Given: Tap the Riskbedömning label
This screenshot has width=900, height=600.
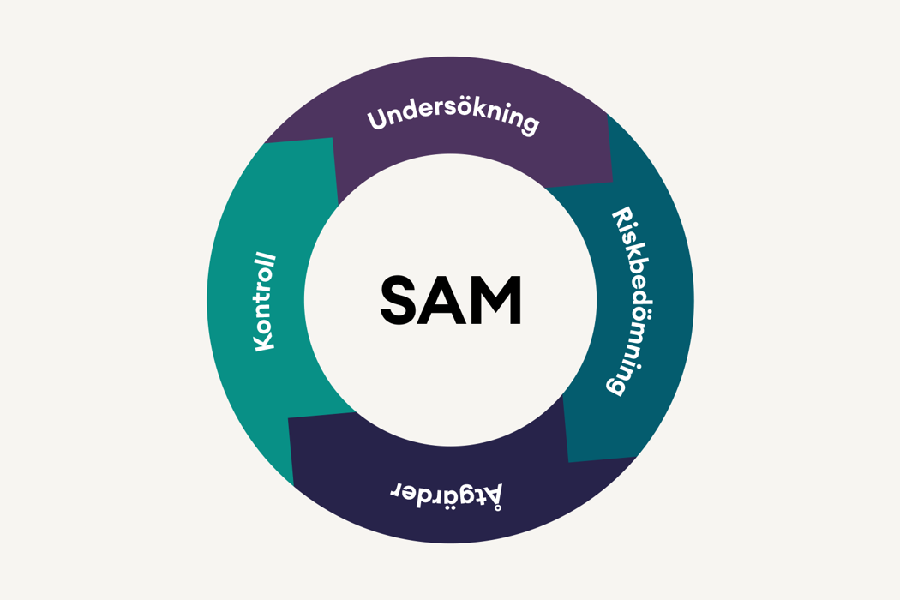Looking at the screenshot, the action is (631, 301).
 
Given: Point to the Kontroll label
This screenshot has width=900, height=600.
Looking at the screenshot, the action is (265, 302).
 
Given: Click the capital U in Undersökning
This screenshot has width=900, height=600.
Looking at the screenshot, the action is (378, 119).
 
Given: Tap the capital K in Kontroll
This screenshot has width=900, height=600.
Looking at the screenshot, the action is (265, 343).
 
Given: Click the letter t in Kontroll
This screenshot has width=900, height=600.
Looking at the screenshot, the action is (265, 298).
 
